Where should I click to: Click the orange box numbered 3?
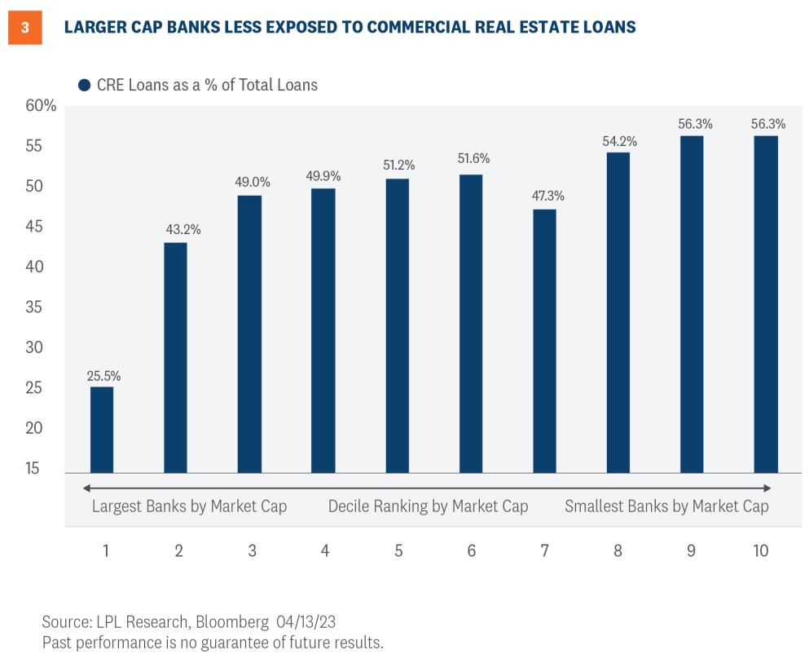(24, 27)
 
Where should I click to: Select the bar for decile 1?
(102, 430)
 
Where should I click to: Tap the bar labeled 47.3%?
(544, 341)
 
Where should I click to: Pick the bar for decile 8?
(618, 312)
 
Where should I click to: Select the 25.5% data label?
(104, 376)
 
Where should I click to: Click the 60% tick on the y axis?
(40, 106)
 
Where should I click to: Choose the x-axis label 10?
(760, 550)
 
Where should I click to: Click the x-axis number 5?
(398, 550)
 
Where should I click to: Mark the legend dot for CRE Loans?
(83, 85)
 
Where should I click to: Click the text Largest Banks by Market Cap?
(189, 506)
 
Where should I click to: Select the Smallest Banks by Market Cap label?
(666, 506)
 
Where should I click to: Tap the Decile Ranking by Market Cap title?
(428, 506)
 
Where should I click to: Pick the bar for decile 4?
(323, 330)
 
